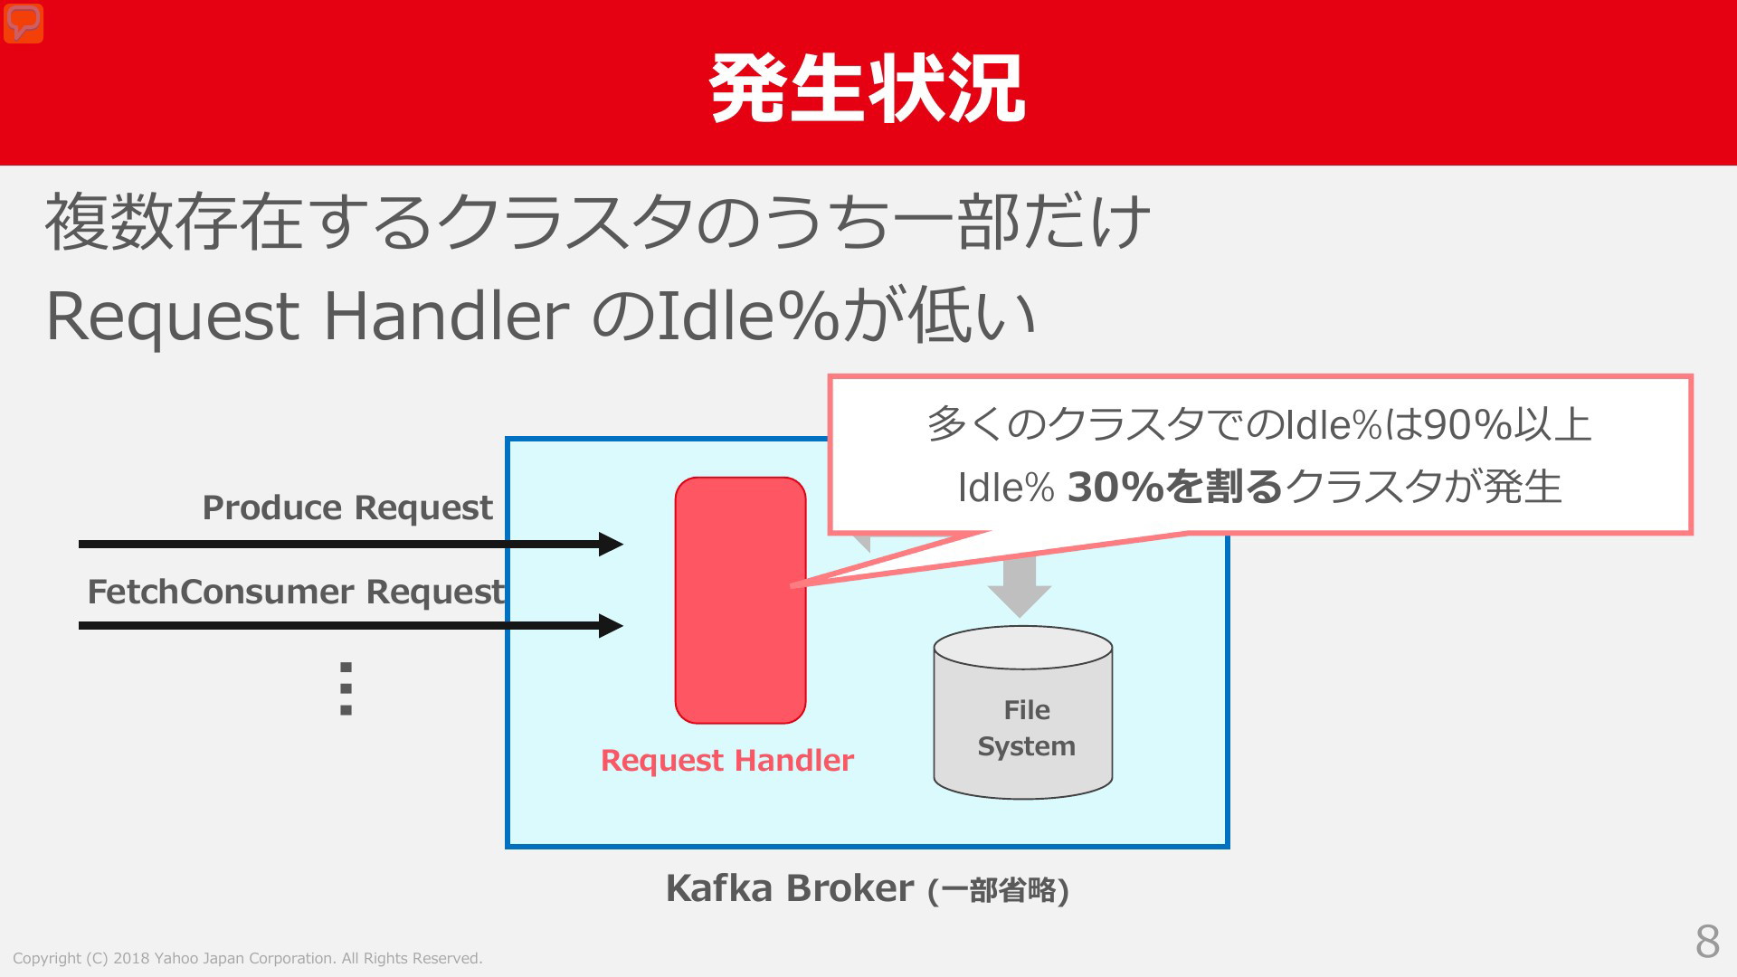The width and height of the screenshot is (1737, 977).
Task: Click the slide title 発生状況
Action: pyautogui.click(x=867, y=88)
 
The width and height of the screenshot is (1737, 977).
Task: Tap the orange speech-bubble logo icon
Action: pyautogui.click(x=24, y=23)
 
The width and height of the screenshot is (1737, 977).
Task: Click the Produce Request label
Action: pyautogui.click(x=347, y=507)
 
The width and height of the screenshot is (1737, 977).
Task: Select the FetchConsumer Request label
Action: pyautogui.click(x=296, y=592)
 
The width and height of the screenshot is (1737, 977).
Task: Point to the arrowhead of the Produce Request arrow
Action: pyautogui.click(x=612, y=544)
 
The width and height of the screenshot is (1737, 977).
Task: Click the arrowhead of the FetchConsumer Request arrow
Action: pyautogui.click(x=612, y=625)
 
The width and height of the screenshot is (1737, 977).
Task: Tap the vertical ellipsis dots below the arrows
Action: pyautogui.click(x=346, y=688)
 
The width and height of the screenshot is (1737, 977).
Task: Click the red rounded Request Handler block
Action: pyautogui.click(x=740, y=600)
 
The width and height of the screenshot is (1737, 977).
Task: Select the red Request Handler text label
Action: pyautogui.click(x=727, y=761)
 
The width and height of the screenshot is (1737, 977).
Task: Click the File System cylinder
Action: pyautogui.click(x=1023, y=713)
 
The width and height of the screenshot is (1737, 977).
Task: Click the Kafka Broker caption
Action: pyautogui.click(x=867, y=888)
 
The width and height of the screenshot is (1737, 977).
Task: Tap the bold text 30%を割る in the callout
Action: pyautogui.click(x=1175, y=488)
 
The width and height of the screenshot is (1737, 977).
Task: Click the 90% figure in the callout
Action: pyautogui.click(x=1468, y=425)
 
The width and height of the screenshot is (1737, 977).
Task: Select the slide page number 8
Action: pyautogui.click(x=1707, y=942)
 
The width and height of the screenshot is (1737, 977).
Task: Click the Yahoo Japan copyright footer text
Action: pyautogui.click(x=248, y=958)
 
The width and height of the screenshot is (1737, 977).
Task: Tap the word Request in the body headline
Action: pyautogui.click(x=173, y=318)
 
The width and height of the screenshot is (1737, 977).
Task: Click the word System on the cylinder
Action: pyautogui.click(x=1027, y=747)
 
